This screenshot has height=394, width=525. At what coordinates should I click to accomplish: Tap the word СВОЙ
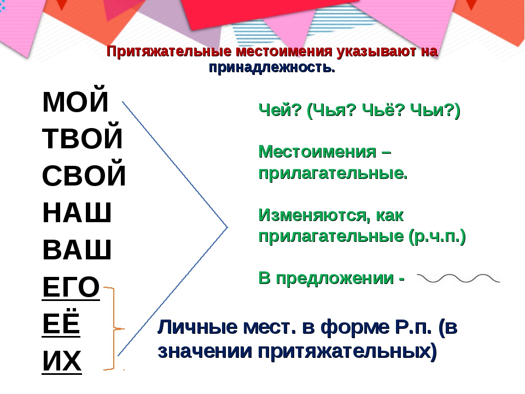coord(84,175)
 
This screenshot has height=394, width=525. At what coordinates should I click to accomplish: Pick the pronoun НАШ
coord(77,212)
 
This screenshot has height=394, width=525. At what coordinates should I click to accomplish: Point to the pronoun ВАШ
coord(77,250)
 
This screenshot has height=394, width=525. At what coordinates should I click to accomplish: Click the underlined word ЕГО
coord(71,287)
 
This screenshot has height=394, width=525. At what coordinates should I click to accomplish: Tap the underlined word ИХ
coord(62,361)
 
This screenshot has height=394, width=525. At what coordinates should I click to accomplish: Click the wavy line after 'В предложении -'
coord(458,279)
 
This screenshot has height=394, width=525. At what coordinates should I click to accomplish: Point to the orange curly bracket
coord(114,328)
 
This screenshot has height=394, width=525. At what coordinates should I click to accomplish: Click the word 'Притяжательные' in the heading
coord(169,51)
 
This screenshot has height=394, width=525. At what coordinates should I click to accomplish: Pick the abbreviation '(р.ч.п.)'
coord(437,236)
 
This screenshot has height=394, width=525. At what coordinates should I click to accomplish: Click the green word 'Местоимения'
coord(317,152)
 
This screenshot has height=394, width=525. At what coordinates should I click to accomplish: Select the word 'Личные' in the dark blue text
coord(197,327)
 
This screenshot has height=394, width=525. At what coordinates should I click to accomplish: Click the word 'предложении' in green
coord(335,279)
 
